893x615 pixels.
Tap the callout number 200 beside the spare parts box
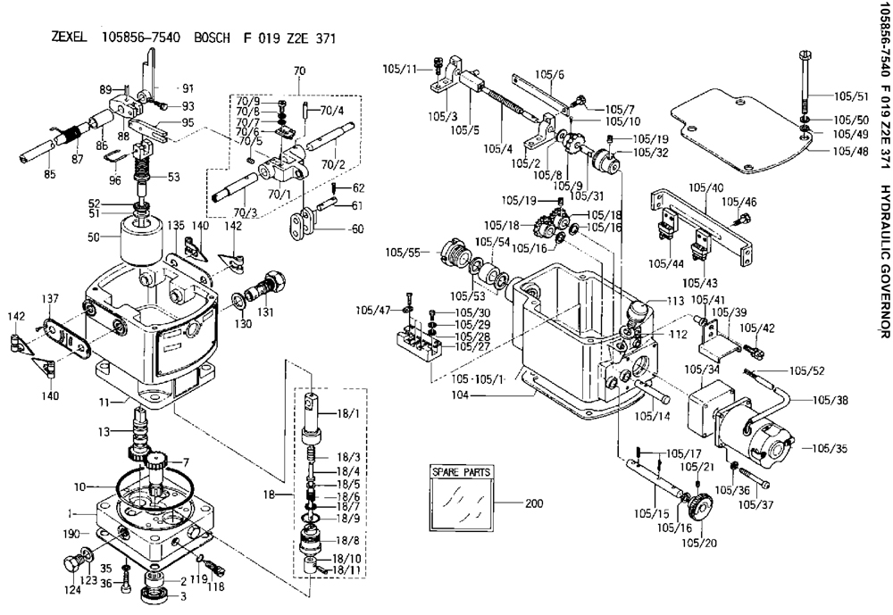pos(534,503)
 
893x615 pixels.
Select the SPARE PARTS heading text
pos(461,472)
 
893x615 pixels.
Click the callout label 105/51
pos(851,96)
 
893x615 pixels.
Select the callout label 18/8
pos(348,540)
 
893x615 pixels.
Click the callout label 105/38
pos(830,400)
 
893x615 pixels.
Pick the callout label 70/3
pos(246,212)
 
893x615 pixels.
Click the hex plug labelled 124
pos(71,565)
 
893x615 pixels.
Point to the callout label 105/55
pos(404,251)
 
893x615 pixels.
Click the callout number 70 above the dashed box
pos(299,71)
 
